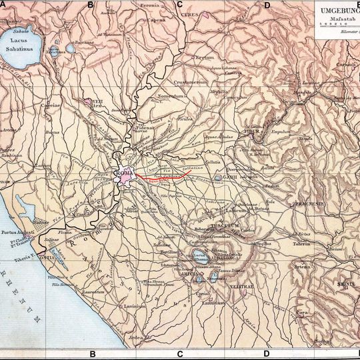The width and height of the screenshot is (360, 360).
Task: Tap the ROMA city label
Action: [125, 175]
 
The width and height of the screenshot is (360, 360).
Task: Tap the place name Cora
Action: [283, 311]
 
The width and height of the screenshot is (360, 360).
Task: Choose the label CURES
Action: [191, 14]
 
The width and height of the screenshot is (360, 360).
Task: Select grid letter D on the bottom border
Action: [267, 354]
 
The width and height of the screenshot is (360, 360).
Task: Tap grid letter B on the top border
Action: [91, 4]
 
